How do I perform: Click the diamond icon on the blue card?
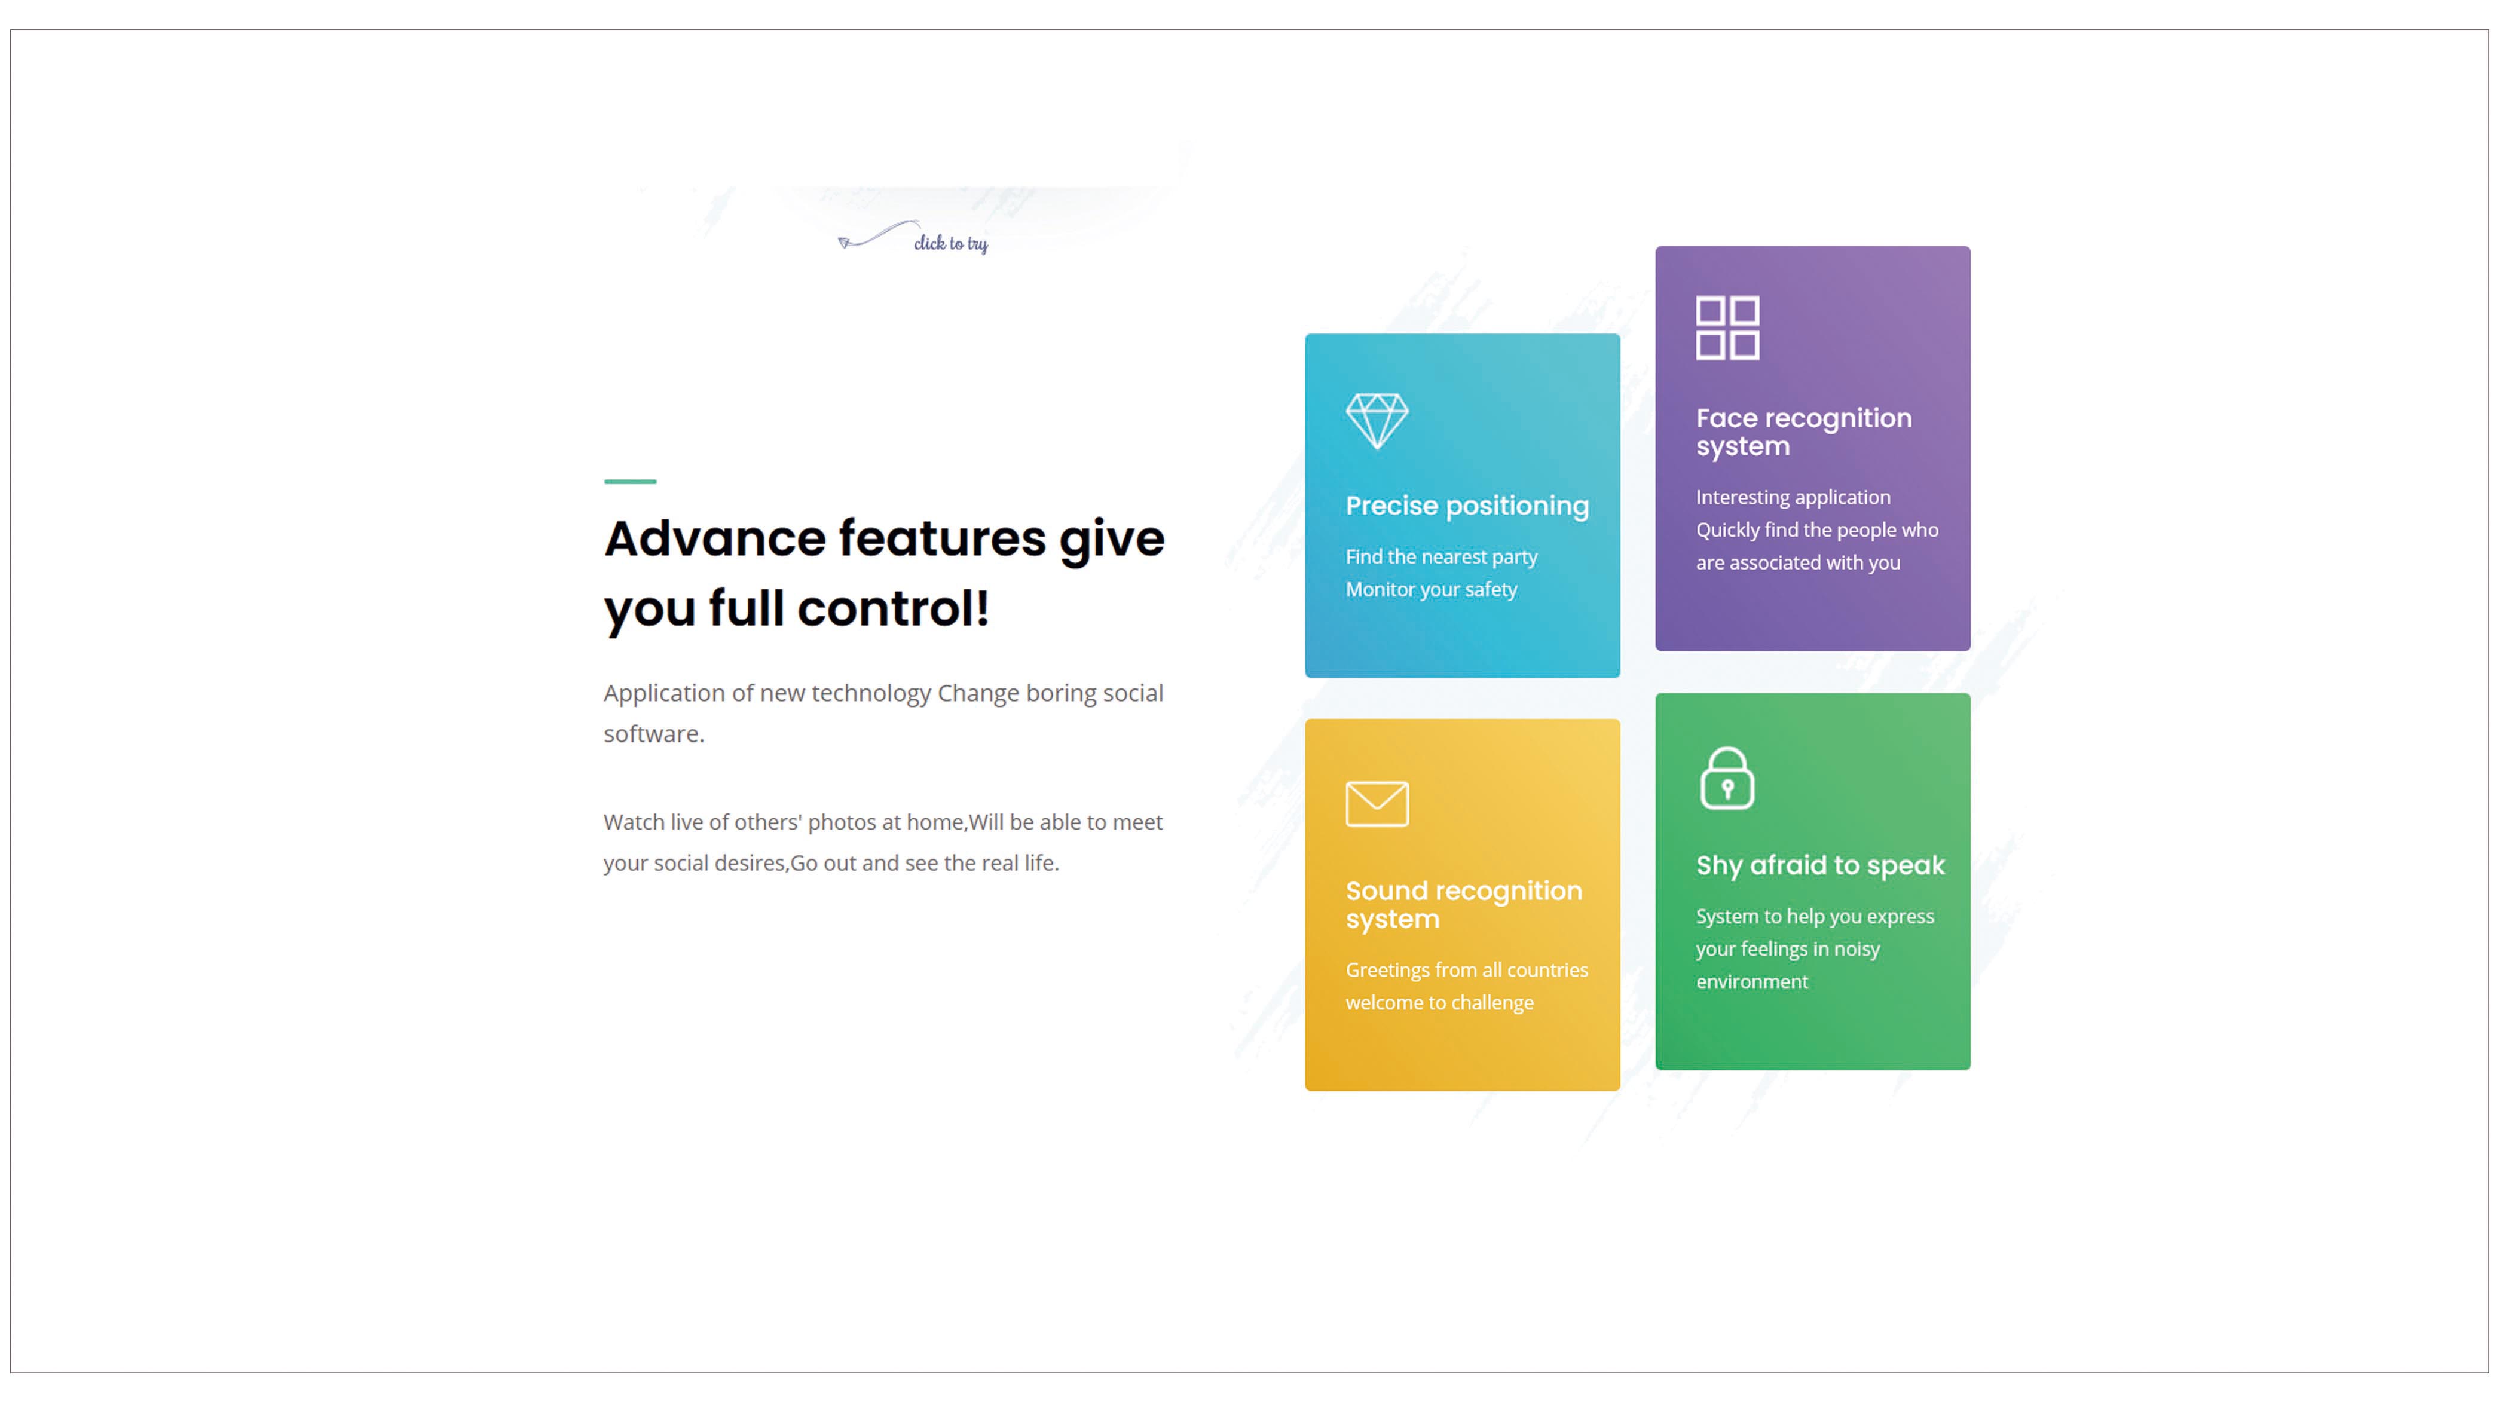coord(1377,421)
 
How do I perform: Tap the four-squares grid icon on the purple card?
coord(1727,328)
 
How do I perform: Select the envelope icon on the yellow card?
coord(1377,804)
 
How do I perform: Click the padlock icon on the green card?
coord(1727,779)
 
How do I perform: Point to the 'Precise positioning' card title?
coord(1467,506)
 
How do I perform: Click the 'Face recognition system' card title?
coord(1803,431)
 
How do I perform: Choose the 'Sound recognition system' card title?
coord(1463,904)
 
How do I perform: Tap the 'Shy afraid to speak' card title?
coord(1820,865)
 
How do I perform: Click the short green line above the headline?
coord(630,481)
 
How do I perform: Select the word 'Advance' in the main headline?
coord(714,539)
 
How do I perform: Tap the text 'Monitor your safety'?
coord(1431,589)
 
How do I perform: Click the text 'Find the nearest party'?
coord(1440,556)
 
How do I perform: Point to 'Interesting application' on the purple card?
coord(1793,497)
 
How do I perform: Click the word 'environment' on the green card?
coord(1752,982)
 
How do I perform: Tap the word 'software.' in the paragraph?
coord(653,734)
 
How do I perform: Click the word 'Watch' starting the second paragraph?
coord(634,822)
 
